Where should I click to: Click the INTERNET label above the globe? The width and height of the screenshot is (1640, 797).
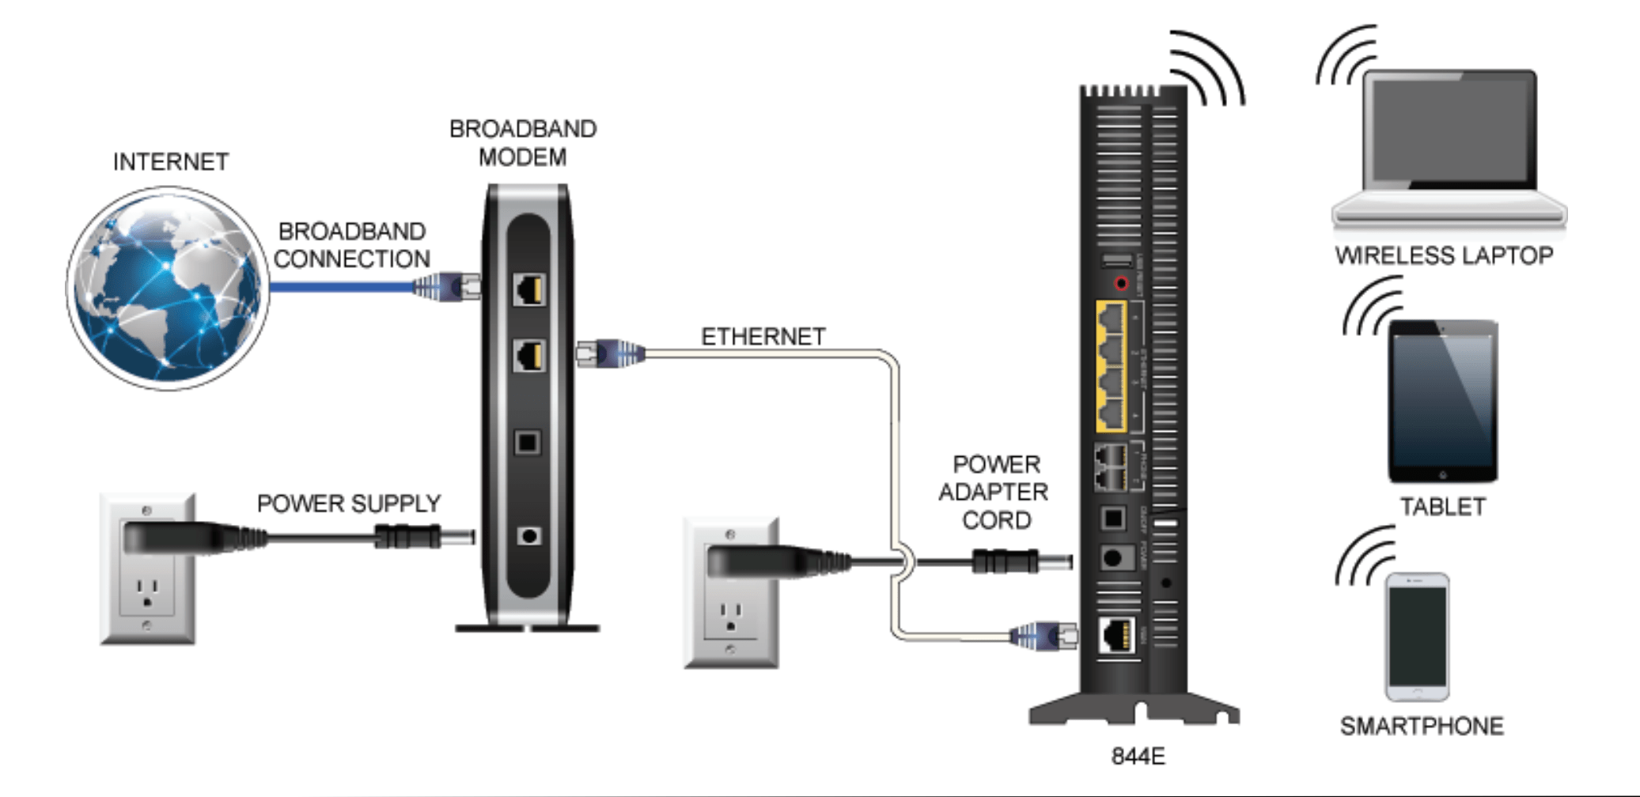tap(171, 161)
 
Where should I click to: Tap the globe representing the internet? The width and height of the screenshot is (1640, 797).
tap(168, 289)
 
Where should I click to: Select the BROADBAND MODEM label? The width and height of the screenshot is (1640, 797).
tap(522, 143)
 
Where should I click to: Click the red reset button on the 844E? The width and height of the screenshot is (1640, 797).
tap(1121, 283)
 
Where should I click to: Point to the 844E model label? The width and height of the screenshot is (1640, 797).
tap(1138, 756)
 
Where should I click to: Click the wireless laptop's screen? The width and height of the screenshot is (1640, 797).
tap(1449, 128)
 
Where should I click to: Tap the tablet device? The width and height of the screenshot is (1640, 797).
tap(1442, 401)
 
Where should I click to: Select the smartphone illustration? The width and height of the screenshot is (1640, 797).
tap(1417, 636)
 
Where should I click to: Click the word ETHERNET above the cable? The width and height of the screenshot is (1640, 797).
tap(763, 336)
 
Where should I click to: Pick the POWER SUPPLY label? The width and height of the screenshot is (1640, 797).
tap(349, 504)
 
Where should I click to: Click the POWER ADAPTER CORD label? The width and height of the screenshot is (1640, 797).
tap(994, 492)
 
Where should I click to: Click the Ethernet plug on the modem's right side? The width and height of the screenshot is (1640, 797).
tap(611, 353)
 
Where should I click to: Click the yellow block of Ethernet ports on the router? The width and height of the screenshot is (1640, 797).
tap(1112, 366)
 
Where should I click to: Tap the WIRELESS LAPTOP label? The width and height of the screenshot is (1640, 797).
tap(1444, 255)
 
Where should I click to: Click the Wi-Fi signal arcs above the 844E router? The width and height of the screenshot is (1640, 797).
tap(1208, 69)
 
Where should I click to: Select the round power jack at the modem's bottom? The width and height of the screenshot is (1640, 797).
tap(528, 536)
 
